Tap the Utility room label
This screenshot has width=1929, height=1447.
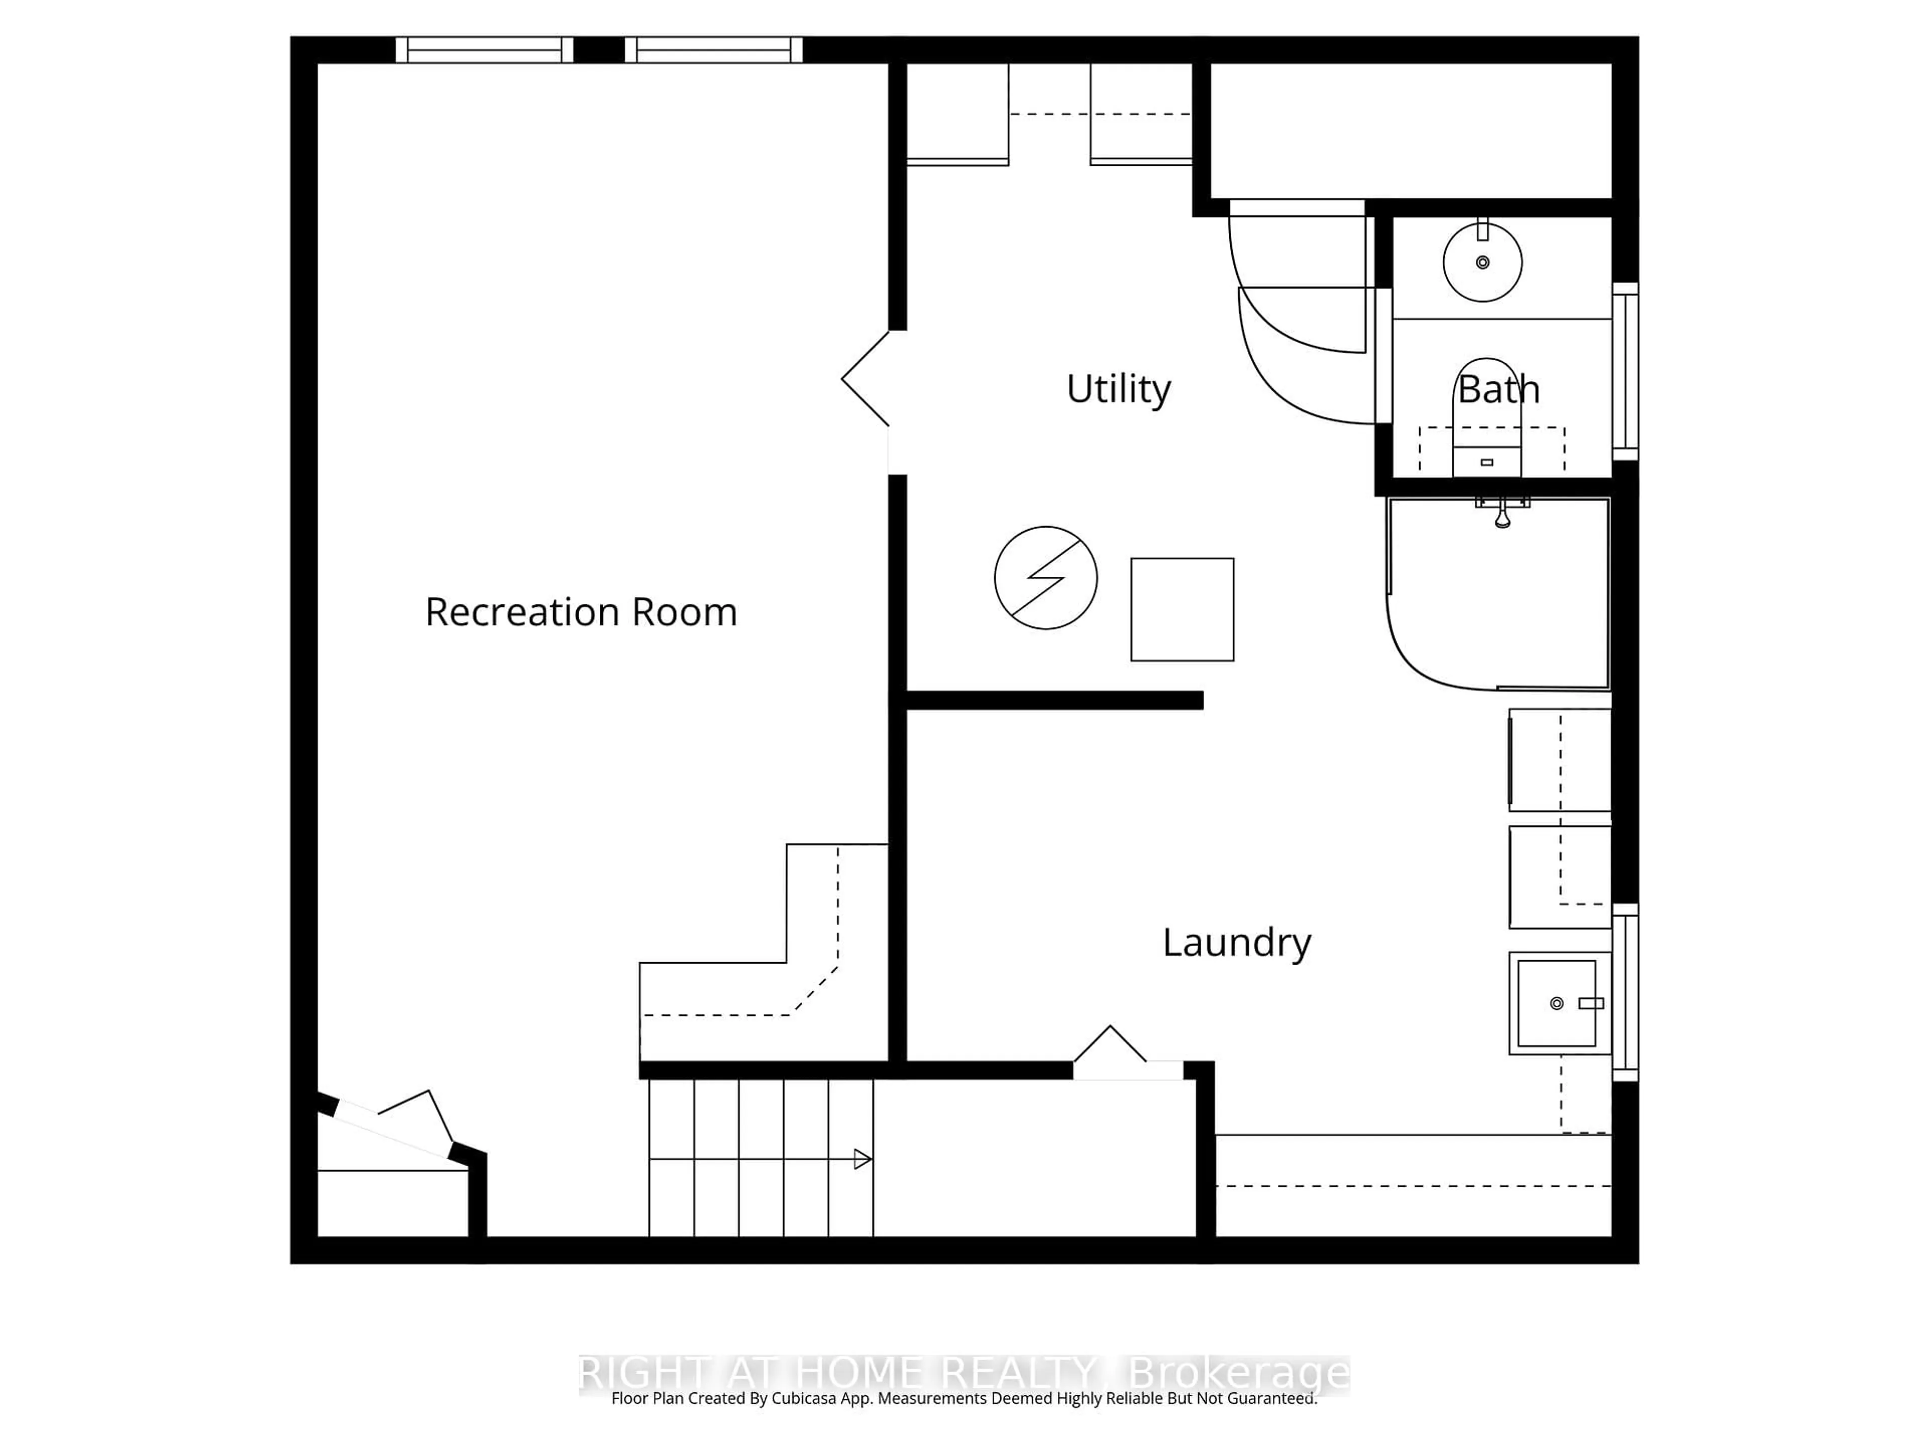point(1118,389)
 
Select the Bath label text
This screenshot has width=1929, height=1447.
point(1498,389)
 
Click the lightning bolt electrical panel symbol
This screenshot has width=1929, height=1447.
point(1045,577)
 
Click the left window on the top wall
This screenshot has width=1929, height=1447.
point(484,50)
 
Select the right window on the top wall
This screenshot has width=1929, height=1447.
point(713,50)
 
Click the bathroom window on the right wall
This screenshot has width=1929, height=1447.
point(1625,371)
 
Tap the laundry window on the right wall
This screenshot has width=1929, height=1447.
point(1625,993)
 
